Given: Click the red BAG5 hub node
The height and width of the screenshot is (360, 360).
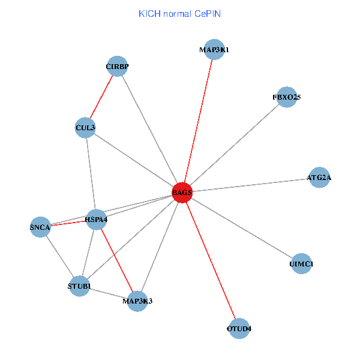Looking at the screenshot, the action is [182, 193].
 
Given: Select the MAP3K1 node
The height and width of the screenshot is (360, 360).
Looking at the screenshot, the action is [214, 50].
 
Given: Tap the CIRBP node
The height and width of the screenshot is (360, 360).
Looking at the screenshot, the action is [118, 66].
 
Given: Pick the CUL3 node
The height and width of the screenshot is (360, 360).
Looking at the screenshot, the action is [85, 128].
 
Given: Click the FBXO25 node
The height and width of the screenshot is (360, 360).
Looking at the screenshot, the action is [287, 97].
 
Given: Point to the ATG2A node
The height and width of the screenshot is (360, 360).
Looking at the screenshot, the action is [319, 178].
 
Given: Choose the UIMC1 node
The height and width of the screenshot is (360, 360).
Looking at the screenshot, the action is [301, 264].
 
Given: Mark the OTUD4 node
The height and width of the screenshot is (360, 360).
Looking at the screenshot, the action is [239, 329].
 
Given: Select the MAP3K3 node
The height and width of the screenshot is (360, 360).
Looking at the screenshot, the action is [137, 301].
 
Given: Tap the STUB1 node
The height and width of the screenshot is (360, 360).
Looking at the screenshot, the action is [79, 286].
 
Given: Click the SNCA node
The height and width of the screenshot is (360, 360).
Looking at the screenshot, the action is [40, 227].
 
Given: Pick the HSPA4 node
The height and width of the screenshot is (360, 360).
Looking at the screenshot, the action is [96, 220].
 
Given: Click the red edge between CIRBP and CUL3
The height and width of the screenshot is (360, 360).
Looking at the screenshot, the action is [101, 97].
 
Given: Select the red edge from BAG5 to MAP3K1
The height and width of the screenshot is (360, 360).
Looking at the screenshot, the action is [198, 121].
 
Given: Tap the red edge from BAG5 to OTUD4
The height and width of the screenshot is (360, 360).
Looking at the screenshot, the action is [210, 260].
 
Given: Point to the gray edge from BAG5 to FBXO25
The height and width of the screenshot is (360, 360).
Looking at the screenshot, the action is [234, 145].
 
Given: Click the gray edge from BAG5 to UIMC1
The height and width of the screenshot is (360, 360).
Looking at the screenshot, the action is [241, 228].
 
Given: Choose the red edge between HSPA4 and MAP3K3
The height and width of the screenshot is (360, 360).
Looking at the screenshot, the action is [116, 260].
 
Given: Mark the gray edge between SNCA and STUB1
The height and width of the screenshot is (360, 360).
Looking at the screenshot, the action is [59, 257].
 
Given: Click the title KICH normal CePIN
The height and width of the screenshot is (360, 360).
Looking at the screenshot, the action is [179, 13].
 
